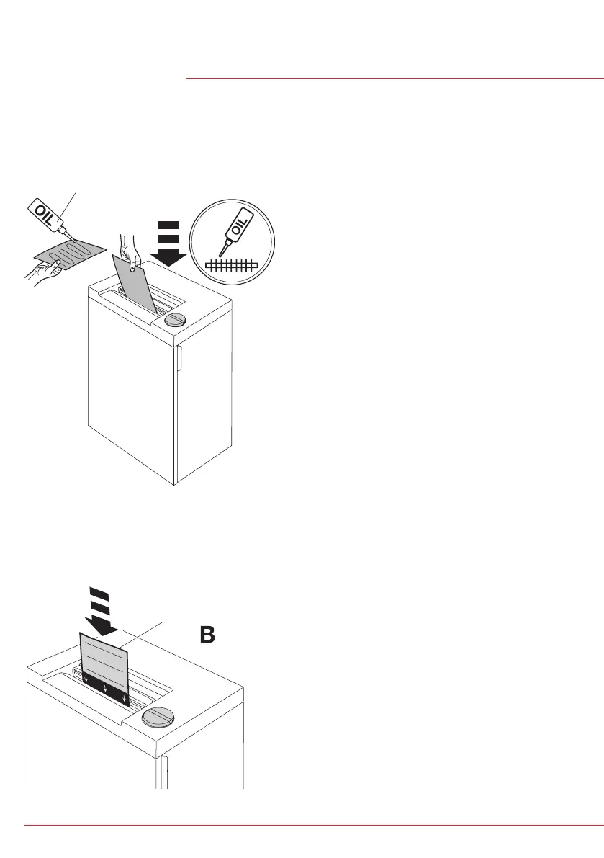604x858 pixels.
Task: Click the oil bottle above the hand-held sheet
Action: [x=45, y=213]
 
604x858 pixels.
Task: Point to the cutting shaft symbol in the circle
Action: [x=231, y=266]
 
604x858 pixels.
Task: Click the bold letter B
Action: [x=207, y=635]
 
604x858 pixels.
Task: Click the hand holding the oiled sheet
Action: [x=43, y=272]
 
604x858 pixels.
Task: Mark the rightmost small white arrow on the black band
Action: [x=124, y=698]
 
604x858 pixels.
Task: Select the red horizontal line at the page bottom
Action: [x=314, y=825]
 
